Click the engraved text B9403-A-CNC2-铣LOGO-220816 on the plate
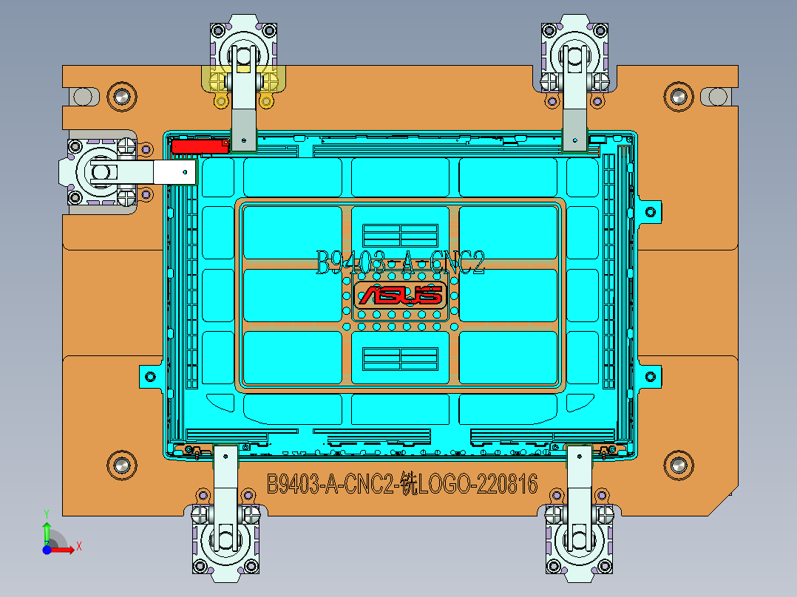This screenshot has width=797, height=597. (401, 485)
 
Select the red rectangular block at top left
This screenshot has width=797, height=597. (199, 146)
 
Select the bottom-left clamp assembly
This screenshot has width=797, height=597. (225, 517)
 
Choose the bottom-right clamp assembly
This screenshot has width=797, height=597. (579, 517)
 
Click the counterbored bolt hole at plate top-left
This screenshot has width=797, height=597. (121, 96)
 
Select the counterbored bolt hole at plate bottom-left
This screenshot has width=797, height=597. (121, 464)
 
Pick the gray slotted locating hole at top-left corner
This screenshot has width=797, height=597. (84, 96)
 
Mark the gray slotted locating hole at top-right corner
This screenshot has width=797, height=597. (715, 96)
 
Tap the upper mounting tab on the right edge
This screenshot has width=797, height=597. (648, 211)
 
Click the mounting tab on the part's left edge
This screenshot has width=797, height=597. (150, 376)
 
